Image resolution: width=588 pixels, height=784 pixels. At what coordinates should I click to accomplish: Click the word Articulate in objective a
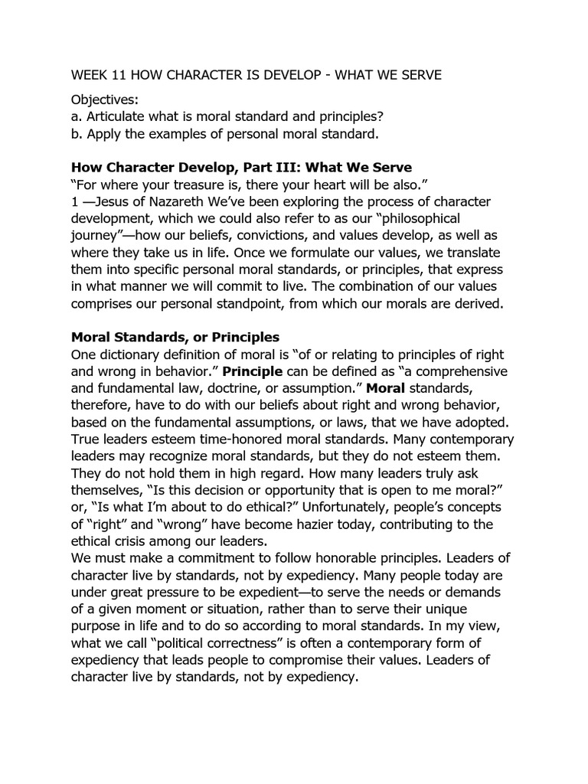118,117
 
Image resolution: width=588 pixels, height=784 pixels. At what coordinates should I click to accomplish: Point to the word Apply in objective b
105,134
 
